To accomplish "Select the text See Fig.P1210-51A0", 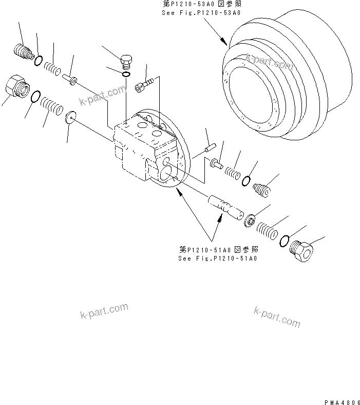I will pyautogui.click(x=217, y=258).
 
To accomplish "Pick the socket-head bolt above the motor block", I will pyautogui.click(x=144, y=85).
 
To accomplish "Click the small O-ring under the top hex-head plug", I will pyautogui.click(x=126, y=76).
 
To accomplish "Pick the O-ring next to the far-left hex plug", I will pyautogui.click(x=35, y=97).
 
